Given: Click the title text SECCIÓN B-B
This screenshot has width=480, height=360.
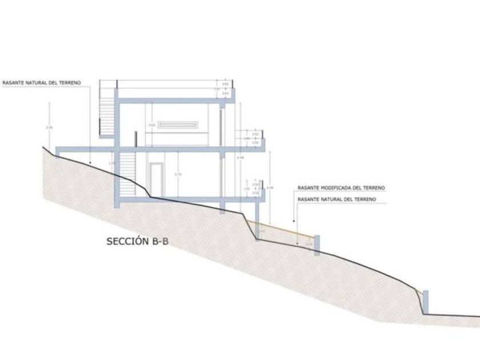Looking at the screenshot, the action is pyautogui.click(x=138, y=242).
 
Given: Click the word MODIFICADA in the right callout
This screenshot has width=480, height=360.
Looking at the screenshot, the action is pyautogui.click(x=341, y=187).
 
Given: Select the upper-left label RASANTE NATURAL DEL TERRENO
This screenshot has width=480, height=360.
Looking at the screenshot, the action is pyautogui.click(x=41, y=82).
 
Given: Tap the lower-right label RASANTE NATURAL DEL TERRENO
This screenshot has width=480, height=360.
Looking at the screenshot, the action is pyautogui.click(x=337, y=199).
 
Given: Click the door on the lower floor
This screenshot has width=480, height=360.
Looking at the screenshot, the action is pyautogui.click(x=155, y=178).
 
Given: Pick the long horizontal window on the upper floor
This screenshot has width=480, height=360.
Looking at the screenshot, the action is pyautogui.click(x=178, y=125).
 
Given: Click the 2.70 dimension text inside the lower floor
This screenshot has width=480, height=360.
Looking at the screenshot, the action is pyautogui.click(x=178, y=174).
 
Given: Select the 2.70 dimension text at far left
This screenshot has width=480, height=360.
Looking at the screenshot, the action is pyautogui.click(x=50, y=127).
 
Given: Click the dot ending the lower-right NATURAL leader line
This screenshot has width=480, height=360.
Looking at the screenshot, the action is pyautogui.click(x=293, y=220).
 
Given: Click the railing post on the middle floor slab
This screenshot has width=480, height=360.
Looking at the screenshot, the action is pyautogui.click(x=137, y=139).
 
